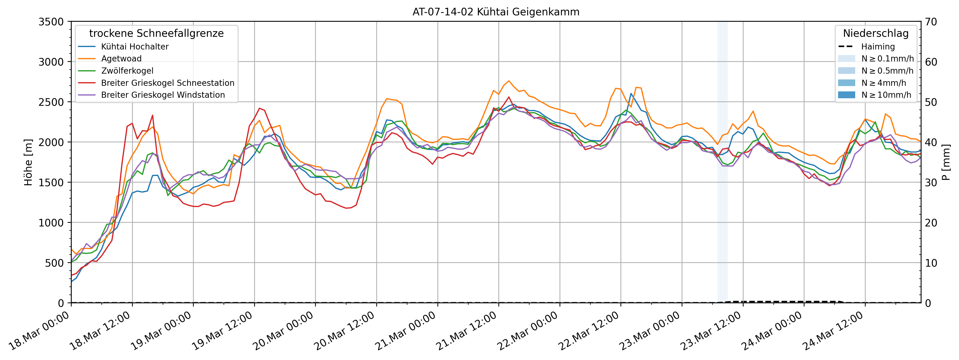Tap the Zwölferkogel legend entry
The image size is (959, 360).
(127, 71)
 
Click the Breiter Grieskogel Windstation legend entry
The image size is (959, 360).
(163, 95)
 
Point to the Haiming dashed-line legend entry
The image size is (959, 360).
(877, 47)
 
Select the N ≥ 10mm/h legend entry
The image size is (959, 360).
(886, 95)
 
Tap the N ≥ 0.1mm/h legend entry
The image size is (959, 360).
(887, 58)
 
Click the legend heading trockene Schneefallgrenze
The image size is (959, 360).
(156, 33)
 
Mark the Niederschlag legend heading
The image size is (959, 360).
(876, 33)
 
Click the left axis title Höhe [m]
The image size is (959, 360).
(28, 162)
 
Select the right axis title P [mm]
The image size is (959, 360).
(946, 162)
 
